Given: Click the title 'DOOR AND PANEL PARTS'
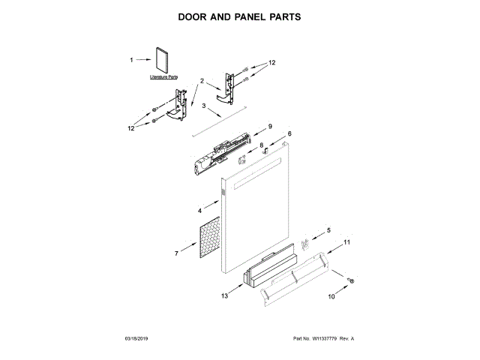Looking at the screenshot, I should [x=239, y=16].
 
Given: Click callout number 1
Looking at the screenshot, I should [x=131, y=60].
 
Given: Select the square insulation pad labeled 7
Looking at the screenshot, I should [x=209, y=239].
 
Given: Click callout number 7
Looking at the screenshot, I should [x=176, y=254].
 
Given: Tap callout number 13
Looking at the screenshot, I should [x=224, y=296].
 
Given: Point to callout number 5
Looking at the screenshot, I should [x=328, y=230].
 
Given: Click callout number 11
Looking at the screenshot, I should [x=347, y=242].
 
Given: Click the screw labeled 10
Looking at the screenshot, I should [x=349, y=280].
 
